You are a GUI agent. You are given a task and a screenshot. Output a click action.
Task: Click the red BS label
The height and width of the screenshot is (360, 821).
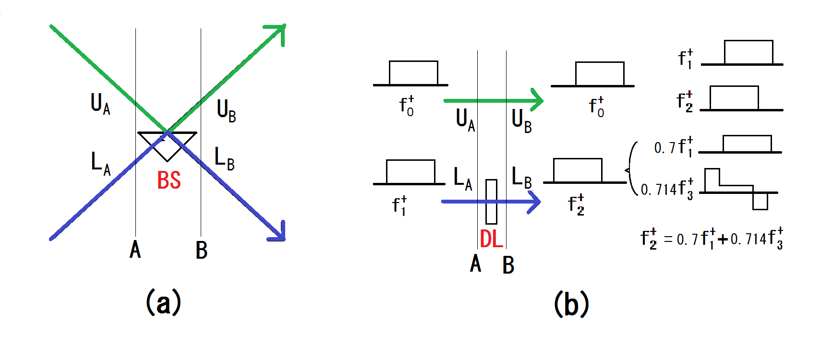[169, 180]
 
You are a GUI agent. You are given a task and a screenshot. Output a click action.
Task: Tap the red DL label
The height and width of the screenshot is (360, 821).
[491, 239]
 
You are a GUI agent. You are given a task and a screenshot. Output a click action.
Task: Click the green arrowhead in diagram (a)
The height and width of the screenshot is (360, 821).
[278, 32]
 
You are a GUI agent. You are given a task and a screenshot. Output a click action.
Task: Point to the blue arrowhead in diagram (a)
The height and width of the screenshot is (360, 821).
[278, 233]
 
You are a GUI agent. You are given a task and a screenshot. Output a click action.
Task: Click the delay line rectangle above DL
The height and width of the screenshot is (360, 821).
[491, 202]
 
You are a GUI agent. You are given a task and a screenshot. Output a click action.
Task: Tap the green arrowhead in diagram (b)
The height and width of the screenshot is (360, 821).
[537, 100]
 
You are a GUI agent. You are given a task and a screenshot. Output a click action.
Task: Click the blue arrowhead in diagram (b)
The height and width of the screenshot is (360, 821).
[535, 202]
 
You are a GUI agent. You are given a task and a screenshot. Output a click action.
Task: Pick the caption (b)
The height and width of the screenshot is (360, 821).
[571, 304]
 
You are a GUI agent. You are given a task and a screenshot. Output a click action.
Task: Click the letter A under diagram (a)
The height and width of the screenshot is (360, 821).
[135, 250]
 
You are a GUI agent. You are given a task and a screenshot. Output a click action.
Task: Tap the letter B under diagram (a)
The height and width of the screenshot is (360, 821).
[202, 250]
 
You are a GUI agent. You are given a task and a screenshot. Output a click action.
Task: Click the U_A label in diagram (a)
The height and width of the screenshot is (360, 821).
[100, 104]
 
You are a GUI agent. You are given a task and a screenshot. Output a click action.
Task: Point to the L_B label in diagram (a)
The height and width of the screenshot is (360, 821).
[224, 158]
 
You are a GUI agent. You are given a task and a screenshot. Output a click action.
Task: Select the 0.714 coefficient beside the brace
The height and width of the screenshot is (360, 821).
[659, 190]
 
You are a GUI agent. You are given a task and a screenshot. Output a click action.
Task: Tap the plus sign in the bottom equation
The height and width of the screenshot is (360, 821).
[723, 239]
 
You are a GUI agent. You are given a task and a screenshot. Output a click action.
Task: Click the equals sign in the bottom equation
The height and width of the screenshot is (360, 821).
[668, 239]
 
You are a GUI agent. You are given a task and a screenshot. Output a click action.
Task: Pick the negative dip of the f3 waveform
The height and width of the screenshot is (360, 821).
[760, 201]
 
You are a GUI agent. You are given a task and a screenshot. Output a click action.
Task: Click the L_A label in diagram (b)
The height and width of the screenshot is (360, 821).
[463, 179]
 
